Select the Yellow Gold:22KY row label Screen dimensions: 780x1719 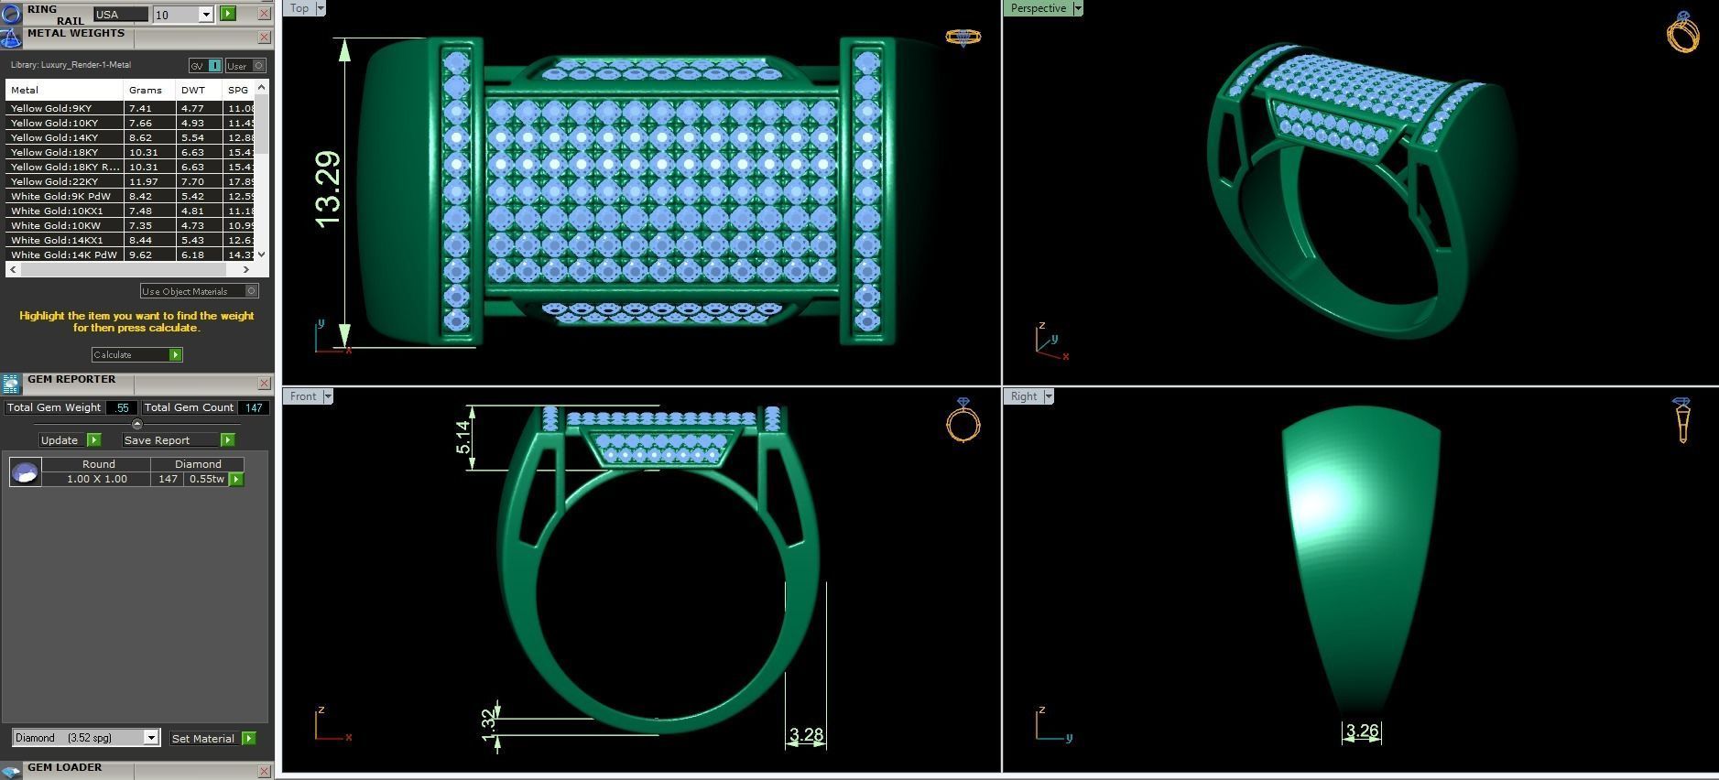coord(55,181)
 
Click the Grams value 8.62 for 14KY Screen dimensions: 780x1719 coord(140,137)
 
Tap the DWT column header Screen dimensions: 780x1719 coord(193,90)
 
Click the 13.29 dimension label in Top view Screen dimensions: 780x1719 coord(327,190)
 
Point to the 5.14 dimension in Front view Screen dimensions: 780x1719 coord(464,437)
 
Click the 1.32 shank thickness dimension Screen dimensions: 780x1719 coord(488,721)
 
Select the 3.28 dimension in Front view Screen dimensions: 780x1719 coord(806,734)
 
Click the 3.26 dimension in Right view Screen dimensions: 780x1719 coord(1362,731)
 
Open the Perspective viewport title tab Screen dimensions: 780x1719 coord(1039,8)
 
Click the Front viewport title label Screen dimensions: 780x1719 coord(303,396)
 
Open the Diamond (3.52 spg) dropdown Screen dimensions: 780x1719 coord(86,738)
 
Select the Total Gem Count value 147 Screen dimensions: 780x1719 coord(253,407)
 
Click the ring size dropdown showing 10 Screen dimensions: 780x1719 coord(183,15)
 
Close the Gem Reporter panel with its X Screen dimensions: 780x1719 coord(264,384)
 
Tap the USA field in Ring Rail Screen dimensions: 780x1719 coord(119,15)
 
